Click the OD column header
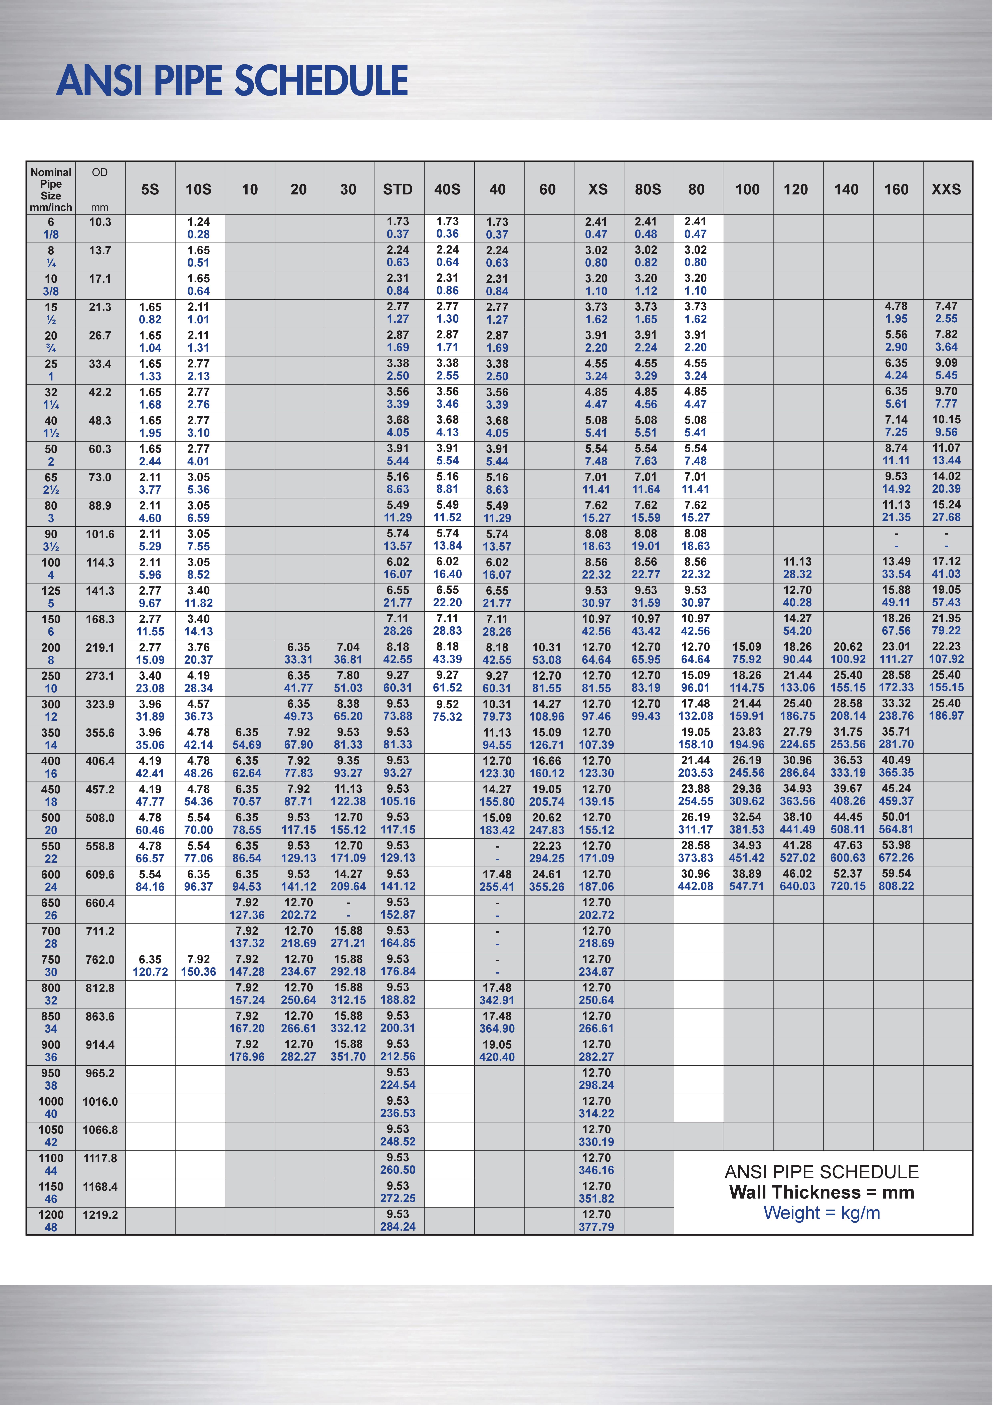tap(100, 173)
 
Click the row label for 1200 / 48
tap(51, 1221)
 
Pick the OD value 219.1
tap(100, 647)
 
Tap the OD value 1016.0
tap(100, 1101)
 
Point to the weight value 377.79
tap(596, 1227)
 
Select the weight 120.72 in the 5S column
tap(150, 972)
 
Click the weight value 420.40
tap(497, 1057)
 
